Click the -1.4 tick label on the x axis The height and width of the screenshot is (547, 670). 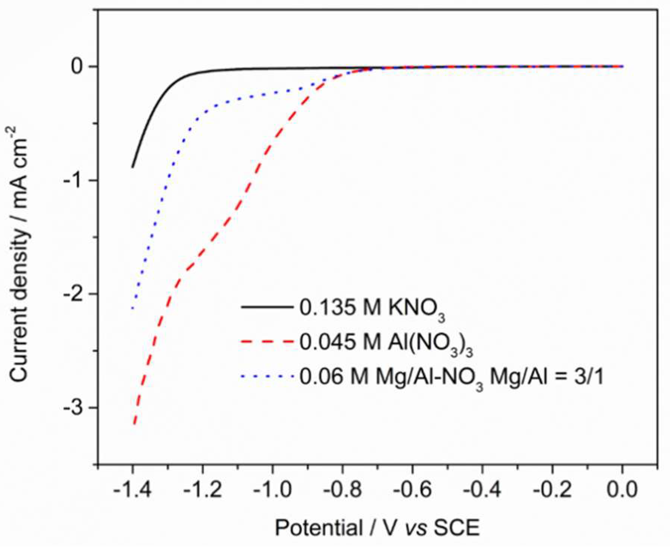coord(132,490)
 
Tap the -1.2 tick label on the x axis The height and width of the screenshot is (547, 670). coord(202,490)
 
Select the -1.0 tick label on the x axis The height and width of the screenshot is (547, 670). coord(272,490)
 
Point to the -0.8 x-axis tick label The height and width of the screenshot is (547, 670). coord(342,490)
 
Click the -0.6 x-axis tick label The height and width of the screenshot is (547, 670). coord(412,490)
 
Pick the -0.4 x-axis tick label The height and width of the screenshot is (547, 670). coord(482,490)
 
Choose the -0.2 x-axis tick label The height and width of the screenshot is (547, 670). coord(552,490)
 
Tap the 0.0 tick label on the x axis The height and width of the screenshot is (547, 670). coord(622,490)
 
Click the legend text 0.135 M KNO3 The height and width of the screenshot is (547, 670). coord(372,309)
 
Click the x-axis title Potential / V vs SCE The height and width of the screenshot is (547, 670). coord(377,528)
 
